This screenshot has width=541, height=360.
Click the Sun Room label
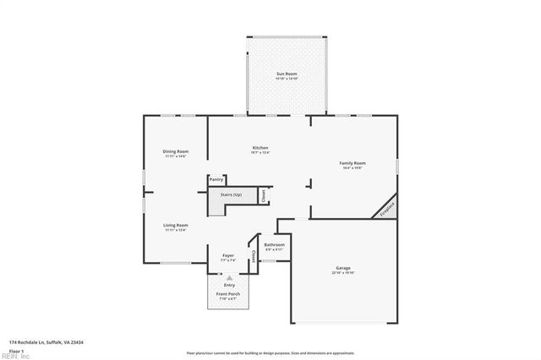coord(286,74)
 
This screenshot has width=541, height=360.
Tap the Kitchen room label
coord(260,148)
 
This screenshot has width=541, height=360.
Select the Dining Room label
coord(176,151)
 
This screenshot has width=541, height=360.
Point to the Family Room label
coord(352,162)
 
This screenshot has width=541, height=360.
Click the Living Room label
coord(176,225)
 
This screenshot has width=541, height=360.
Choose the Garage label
coord(343,268)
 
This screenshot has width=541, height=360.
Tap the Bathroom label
coord(275,244)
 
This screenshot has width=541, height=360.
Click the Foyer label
coord(228,254)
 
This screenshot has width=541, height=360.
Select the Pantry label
coord(216,179)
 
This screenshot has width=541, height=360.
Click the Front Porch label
coord(228,293)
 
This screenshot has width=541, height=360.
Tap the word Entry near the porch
coord(229,285)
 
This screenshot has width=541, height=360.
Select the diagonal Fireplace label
coord(387,209)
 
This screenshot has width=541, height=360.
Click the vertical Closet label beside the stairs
coord(263,195)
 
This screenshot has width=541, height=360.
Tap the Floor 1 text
coord(16,350)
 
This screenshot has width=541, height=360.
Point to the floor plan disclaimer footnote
coord(270,352)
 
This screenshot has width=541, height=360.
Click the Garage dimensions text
coord(343,273)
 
